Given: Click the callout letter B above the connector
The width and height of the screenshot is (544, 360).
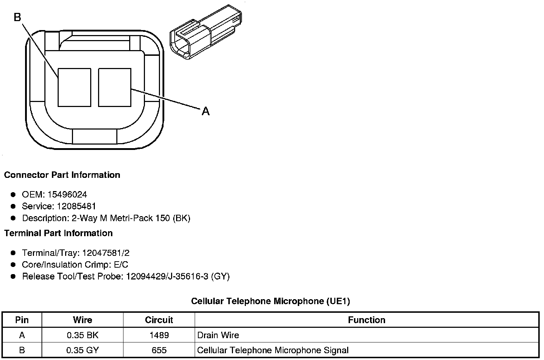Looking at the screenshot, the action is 18,17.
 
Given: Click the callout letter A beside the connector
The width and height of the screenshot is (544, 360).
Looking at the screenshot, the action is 205,111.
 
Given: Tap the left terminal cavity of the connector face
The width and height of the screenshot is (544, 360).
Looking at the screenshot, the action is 74,87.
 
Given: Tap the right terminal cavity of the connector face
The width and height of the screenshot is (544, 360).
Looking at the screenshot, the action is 115,87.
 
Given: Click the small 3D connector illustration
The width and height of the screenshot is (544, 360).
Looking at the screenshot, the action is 206,32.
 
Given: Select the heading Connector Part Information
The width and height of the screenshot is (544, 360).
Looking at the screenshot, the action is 62,175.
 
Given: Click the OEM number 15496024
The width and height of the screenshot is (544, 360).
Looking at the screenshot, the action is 67,194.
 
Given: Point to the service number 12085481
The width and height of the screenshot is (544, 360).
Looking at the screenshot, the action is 76,206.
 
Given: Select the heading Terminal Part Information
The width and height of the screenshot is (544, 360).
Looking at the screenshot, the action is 59,233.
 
